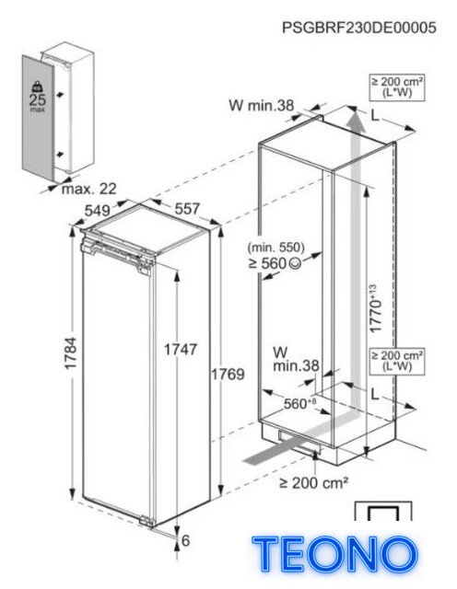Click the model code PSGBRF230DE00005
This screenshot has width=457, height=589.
[359, 28]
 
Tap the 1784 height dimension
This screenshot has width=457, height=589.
[71, 353]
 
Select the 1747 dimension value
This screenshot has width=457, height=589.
[181, 350]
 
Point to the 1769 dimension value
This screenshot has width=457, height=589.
[228, 375]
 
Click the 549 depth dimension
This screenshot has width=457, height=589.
[97, 211]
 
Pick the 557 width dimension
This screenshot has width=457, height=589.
[187, 209]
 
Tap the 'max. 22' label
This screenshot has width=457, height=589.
[89, 189]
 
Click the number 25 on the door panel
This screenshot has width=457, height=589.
[38, 99]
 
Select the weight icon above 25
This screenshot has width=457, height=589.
[38, 87]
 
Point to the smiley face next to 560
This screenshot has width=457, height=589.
[295, 264]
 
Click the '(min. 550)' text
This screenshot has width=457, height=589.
[275, 248]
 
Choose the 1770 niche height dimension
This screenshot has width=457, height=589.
[375, 309]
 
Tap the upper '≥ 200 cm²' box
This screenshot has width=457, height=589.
[397, 87]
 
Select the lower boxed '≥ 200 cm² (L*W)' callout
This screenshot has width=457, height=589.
[397, 362]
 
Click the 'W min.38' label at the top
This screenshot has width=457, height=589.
[262, 106]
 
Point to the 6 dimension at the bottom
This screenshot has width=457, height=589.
[185, 540]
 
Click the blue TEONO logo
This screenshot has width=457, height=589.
[334, 555]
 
